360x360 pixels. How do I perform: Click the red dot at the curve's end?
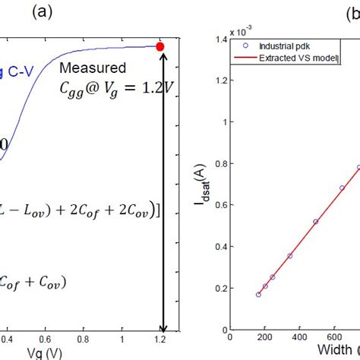click(x=160, y=46)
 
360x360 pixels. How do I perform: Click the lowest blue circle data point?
click(x=258, y=294)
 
